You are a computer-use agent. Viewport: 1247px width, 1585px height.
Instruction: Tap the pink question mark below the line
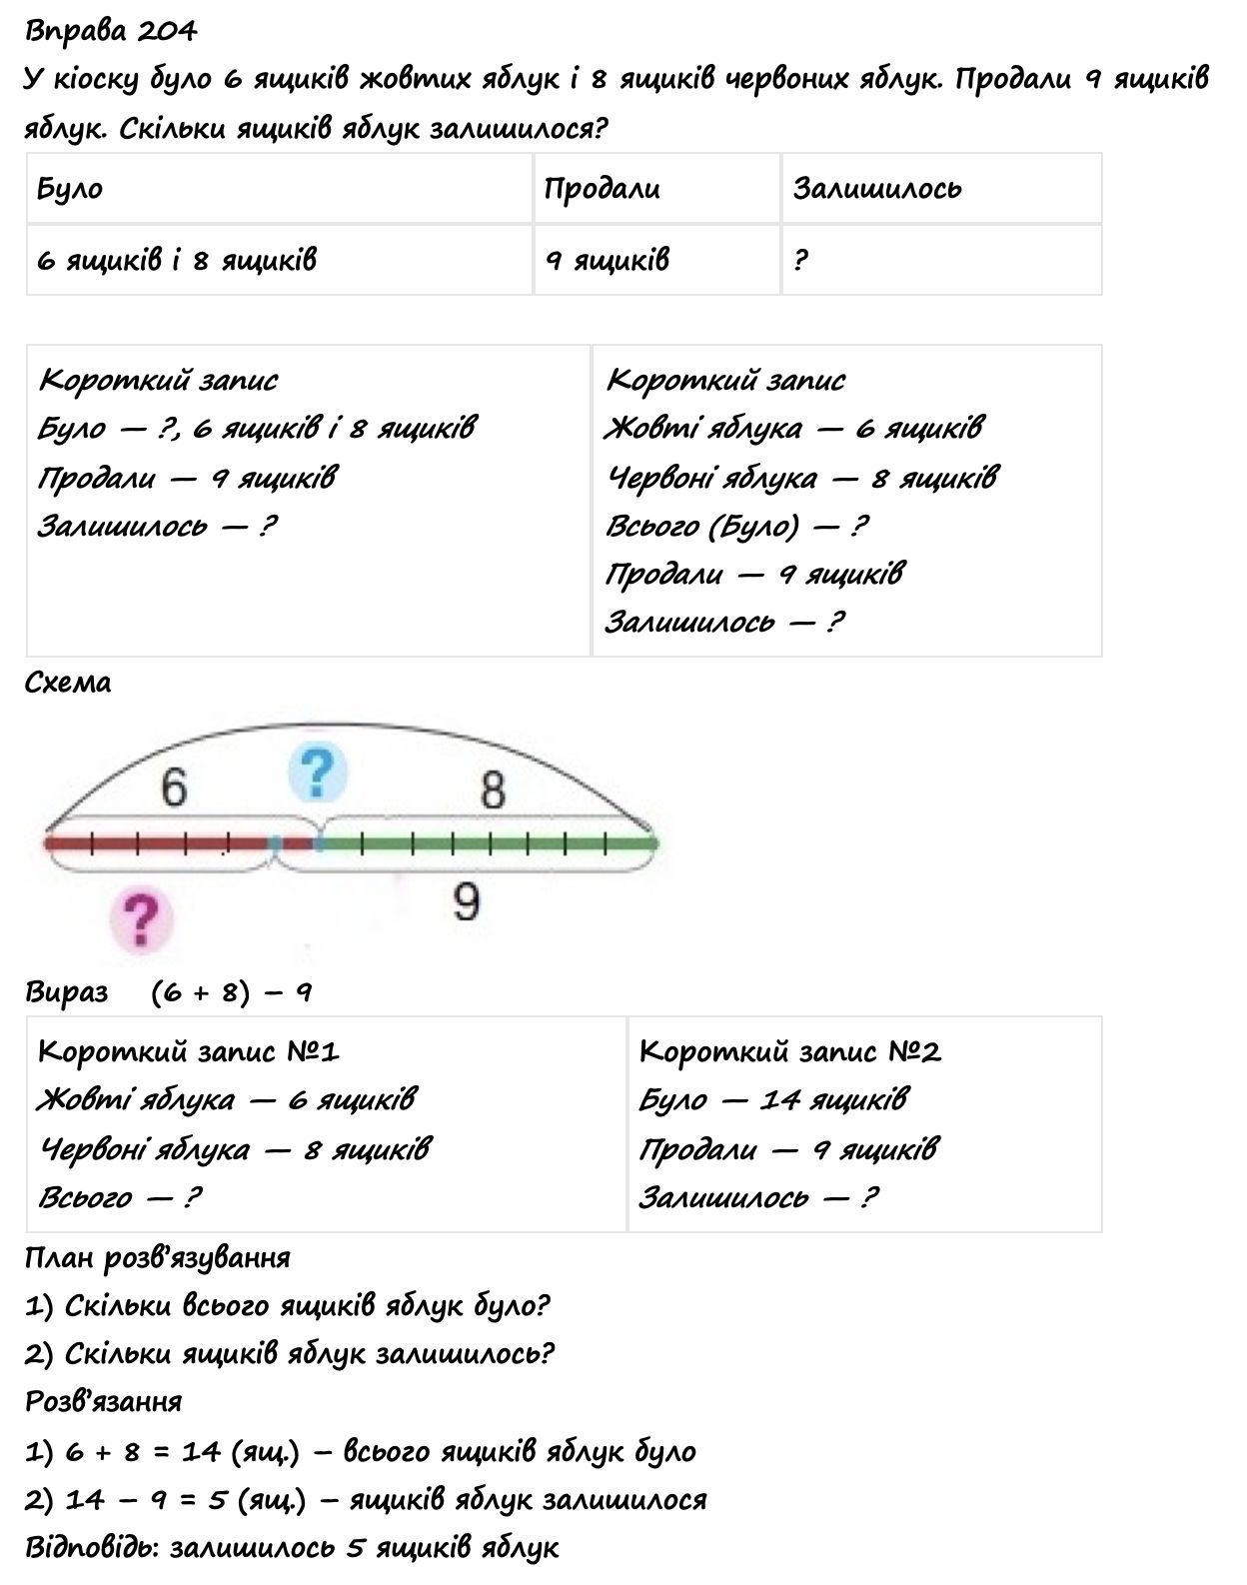[x=141, y=918]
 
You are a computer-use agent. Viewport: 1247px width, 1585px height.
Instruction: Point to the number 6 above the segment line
[x=174, y=789]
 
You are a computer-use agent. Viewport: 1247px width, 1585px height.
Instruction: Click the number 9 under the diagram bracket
[x=466, y=902]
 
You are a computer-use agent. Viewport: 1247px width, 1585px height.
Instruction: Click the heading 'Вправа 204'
[x=111, y=32]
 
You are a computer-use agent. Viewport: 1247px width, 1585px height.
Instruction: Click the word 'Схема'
[x=68, y=684]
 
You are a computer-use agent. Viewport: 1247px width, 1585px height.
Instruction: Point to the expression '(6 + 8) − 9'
[x=232, y=992]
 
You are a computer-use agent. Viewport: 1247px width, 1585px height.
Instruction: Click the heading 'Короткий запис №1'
[x=189, y=1051]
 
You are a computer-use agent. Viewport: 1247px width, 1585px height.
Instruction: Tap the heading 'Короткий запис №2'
[x=789, y=1051]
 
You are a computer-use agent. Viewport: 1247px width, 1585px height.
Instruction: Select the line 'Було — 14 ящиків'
[x=773, y=1100]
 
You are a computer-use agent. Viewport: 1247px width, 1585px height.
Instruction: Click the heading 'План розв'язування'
[x=157, y=1257]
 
